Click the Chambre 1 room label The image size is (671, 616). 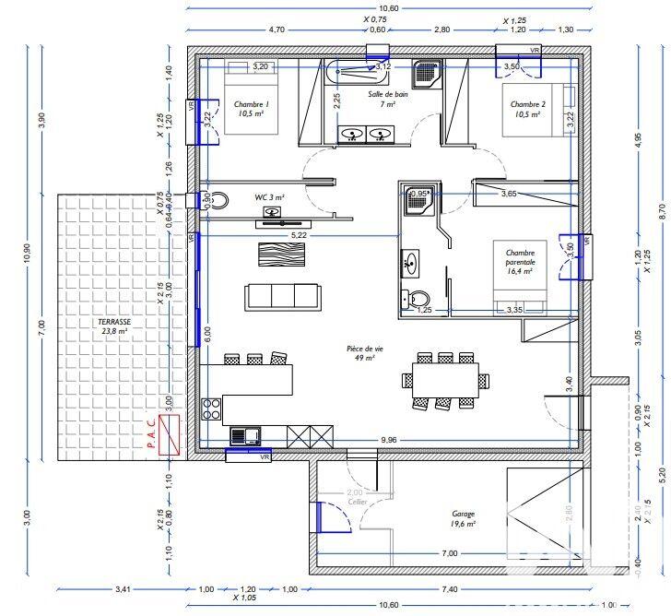251,110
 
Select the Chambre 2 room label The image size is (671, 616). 528,110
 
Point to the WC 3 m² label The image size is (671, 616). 270,197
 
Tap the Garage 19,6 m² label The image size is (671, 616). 464,518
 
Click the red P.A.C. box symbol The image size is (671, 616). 168,434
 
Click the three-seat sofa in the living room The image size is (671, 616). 283,296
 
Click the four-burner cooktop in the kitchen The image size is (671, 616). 211,409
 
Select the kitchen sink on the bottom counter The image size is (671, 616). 245,435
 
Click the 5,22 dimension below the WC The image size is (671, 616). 299,237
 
